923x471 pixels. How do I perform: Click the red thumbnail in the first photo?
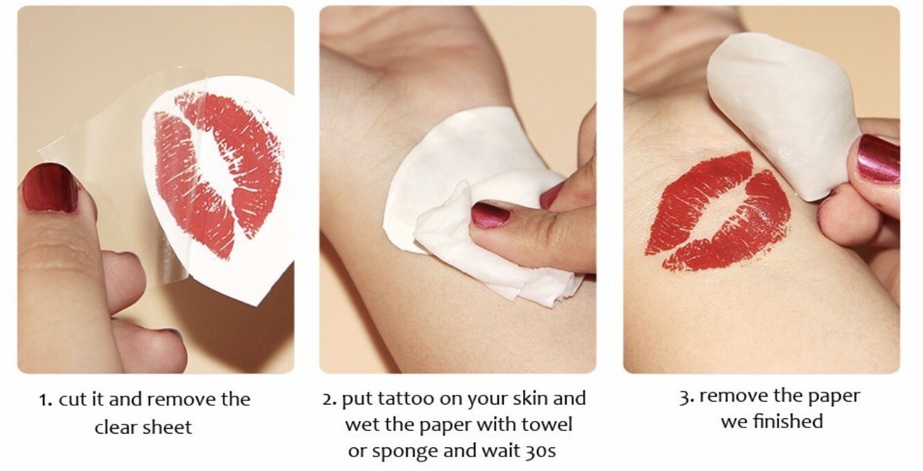tap(49, 188)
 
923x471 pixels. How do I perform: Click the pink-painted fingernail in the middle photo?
tap(491, 215)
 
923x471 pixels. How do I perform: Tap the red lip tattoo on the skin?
tap(718, 211)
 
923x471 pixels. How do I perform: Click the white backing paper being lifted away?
tap(778, 112)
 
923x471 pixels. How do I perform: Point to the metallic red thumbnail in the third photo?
tap(878, 159)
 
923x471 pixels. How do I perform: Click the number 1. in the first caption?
tap(45, 400)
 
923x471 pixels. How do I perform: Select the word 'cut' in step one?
tap(73, 400)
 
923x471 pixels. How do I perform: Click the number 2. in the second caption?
tap(330, 399)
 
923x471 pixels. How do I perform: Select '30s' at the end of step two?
tap(541, 450)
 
